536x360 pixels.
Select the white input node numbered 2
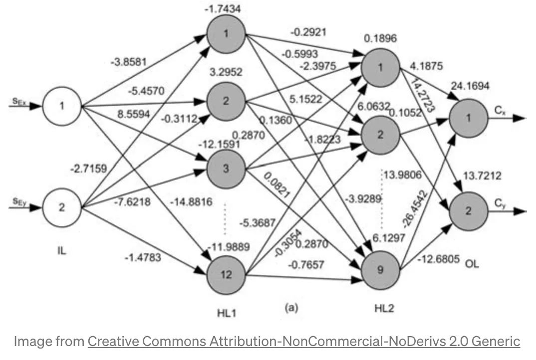coord(61,207)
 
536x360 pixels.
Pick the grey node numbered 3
coord(226,169)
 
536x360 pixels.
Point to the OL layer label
coord(472,264)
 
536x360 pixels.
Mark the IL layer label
coord(61,251)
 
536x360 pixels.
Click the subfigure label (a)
coord(291,308)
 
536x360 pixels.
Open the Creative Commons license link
coord(304,342)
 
